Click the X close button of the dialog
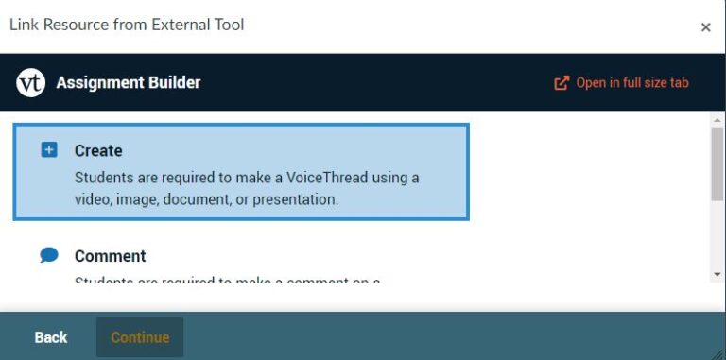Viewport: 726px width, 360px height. tap(705, 27)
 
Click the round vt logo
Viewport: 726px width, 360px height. tap(31, 83)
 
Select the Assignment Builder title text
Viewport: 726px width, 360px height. tap(128, 83)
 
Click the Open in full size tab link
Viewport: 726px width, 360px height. tap(631, 83)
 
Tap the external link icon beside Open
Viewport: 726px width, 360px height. tap(562, 83)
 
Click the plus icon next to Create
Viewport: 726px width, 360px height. tap(49, 150)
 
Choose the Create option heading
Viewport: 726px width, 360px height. tap(98, 150)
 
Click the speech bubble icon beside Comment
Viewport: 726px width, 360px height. tap(49, 255)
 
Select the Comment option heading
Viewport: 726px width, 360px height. tap(110, 256)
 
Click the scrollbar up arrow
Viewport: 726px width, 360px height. tap(717, 119)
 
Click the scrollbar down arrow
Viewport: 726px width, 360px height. tap(717, 274)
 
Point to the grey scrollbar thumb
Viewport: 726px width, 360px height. tap(717, 163)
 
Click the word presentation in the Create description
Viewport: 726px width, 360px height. tap(293, 199)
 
